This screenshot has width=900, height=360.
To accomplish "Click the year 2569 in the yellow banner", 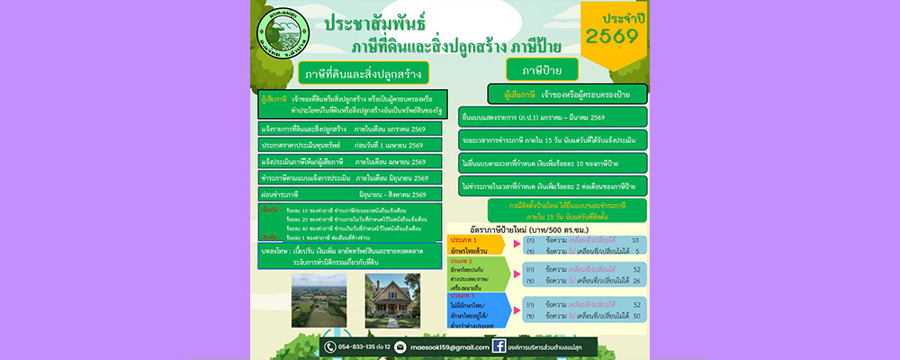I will (x=611, y=36).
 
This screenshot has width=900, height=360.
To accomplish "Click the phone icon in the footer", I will (x=330, y=346).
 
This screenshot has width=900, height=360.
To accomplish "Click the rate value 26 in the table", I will (x=636, y=281).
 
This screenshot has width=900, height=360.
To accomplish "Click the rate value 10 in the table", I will (x=636, y=240).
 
